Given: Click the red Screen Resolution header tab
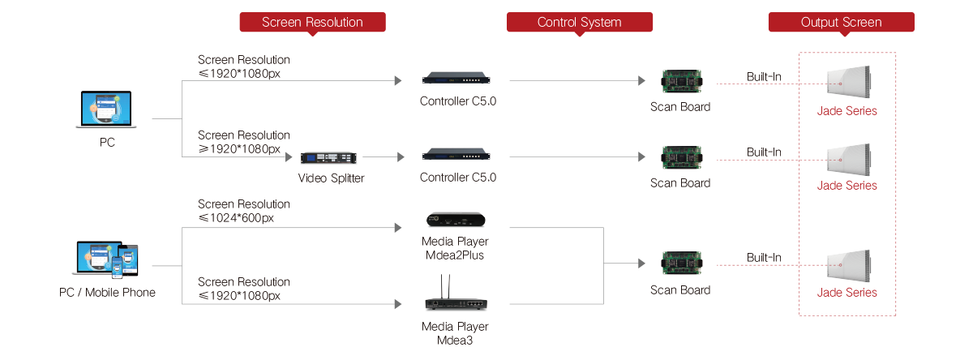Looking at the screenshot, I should point(312,23).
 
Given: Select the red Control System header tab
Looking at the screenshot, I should point(580,23).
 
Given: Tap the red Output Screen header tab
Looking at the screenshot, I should point(841,23).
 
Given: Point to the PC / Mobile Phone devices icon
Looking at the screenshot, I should point(106,259).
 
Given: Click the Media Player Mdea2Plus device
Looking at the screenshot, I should point(454,221).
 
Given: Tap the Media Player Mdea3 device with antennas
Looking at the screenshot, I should point(454,300).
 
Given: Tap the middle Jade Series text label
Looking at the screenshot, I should point(847,186).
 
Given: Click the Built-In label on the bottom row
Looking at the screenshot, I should point(764,258).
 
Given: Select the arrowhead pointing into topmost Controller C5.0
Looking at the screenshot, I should point(398,80).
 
